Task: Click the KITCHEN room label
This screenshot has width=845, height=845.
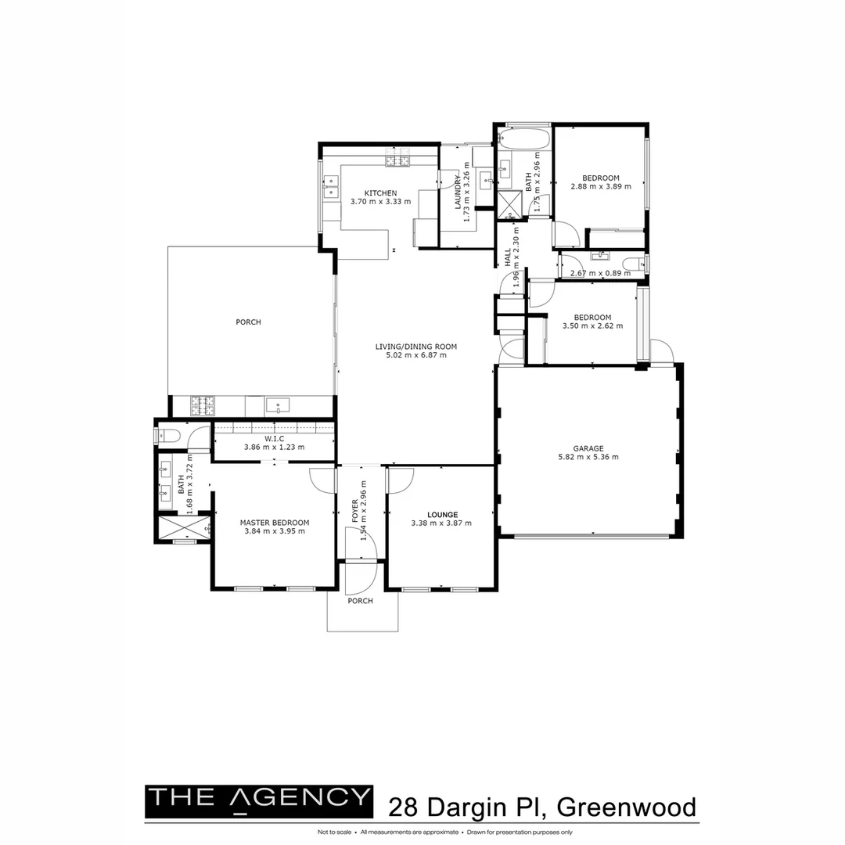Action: point(380,193)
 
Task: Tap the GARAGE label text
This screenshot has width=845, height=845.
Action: point(588,449)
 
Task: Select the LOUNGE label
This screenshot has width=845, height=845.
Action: point(441,515)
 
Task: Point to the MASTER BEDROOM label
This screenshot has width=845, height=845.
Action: point(274,523)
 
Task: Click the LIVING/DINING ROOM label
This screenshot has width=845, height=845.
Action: point(415,347)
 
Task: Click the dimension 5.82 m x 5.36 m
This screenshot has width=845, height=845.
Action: point(588,458)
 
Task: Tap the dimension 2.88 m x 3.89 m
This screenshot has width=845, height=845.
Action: point(600,186)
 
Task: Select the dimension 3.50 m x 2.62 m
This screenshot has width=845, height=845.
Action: point(592,326)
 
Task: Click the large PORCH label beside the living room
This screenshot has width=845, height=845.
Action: point(248,322)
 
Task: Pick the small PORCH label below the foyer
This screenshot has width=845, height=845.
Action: point(360,601)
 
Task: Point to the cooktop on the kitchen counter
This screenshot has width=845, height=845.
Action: point(397,162)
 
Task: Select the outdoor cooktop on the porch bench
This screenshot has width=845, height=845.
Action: point(203,405)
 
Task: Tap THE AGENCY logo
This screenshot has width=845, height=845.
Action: point(259,799)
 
